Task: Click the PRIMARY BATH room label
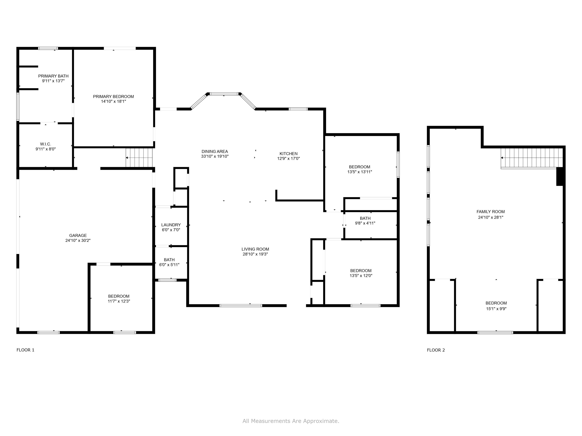[53, 76]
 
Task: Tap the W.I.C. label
[46, 144]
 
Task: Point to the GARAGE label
[78, 235]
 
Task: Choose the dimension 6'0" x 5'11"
[169, 265]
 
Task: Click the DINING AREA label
[215, 151]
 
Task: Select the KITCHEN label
[288, 153]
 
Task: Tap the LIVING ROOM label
[255, 249]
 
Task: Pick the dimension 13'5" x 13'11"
[359, 172]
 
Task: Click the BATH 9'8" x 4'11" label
[365, 218]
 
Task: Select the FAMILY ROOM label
[490, 212]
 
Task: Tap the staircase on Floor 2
[532, 158]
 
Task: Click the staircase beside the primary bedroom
[139, 158]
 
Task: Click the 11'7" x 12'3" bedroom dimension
[119, 301]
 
